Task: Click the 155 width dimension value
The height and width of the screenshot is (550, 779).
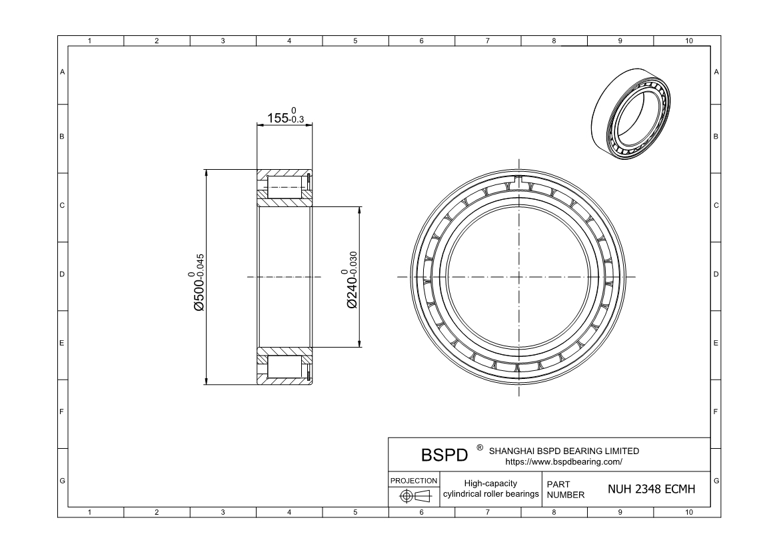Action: (x=286, y=116)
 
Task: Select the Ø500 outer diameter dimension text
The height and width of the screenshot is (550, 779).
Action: (x=198, y=282)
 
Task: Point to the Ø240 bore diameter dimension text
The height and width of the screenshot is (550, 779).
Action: (x=351, y=280)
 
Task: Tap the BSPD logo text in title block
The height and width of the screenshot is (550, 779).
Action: (x=444, y=455)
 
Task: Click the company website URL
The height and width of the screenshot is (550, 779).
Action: (x=563, y=461)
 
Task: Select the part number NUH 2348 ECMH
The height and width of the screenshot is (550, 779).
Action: (x=651, y=489)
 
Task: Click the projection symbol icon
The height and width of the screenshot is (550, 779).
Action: (x=416, y=495)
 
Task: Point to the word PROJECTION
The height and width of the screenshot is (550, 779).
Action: (x=414, y=481)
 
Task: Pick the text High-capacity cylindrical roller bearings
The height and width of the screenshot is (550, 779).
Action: (x=491, y=489)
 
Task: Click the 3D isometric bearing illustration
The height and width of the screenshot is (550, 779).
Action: (x=630, y=114)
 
